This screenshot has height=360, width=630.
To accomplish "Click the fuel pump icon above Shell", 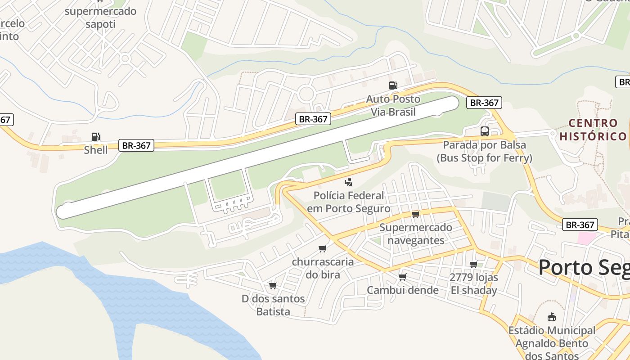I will coord(95,136).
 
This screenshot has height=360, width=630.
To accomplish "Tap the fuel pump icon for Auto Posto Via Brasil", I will coord(393,85).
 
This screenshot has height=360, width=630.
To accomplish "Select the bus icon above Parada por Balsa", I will coord(484,131).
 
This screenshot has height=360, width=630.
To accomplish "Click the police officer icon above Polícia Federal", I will coord(348,182).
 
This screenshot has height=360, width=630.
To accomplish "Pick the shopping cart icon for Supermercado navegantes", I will coord(415,214).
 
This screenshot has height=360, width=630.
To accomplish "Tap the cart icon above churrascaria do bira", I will coord(322,248).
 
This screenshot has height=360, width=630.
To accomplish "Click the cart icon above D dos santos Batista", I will coord(273,285).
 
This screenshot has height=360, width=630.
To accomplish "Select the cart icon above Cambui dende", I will coord(402,277).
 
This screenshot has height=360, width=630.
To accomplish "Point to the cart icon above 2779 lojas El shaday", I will coord(473,264).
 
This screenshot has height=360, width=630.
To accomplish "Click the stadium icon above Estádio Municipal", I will coord(551,317).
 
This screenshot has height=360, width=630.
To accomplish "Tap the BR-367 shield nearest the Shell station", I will coord(136,145).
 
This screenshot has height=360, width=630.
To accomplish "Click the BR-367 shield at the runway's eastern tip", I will coord(484,103).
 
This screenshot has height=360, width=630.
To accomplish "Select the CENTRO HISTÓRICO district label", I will coord(593,130).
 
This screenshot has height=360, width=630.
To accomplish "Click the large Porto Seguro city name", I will coord(584,267).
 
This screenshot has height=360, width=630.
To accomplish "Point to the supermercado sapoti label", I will coord(100,18).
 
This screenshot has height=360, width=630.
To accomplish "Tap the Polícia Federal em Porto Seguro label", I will coord(349,202).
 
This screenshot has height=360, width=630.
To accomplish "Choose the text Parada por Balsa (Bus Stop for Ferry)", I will coord(484,152).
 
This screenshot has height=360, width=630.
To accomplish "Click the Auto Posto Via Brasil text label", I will coord(393,105).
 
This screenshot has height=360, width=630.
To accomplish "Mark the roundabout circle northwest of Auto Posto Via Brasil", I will coord(306,94).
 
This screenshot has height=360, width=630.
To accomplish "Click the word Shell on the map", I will coord(96,150).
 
